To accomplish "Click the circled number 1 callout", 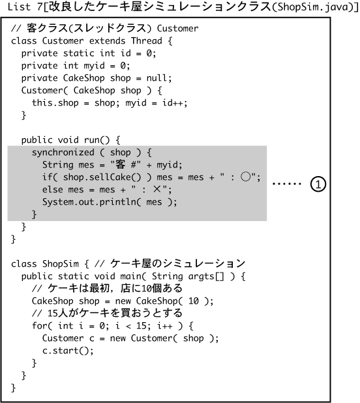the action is [x=318, y=185].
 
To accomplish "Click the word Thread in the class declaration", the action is [x=147, y=41].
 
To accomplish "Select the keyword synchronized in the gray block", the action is [x=63, y=153].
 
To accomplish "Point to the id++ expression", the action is [x=172, y=103].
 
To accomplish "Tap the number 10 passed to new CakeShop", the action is [x=194, y=301].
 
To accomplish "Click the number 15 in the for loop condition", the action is [x=141, y=325].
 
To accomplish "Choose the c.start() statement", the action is [x=68, y=351].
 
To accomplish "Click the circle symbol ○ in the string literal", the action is [x=246, y=177].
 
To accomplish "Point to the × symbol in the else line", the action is [x=157, y=189].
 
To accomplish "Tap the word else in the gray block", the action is [x=53, y=190].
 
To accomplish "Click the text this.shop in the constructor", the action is [x=55, y=103].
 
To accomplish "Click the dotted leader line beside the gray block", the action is [x=286, y=184].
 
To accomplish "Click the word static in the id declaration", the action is [x=79, y=53].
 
